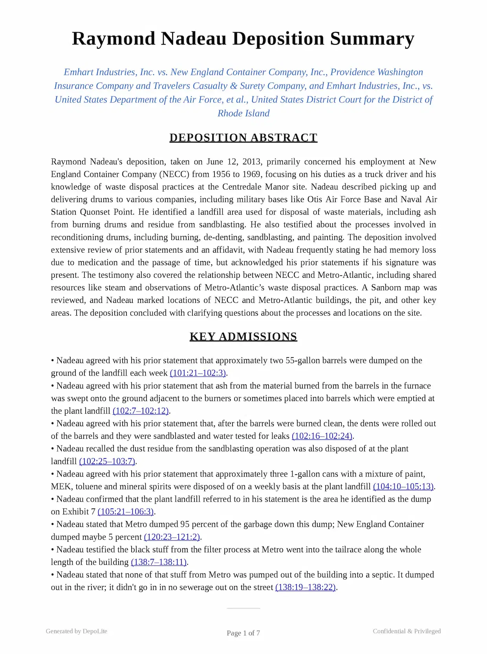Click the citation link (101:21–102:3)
[198, 373]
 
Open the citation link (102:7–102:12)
[141, 411]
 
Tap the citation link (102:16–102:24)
[322, 436]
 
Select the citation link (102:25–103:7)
[107, 461]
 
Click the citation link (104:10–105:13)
[403, 486]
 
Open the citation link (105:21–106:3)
[126, 511]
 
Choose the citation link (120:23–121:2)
[172, 537]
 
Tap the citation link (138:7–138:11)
[159, 562]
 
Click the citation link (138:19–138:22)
[306, 587]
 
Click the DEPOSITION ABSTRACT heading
[243, 138]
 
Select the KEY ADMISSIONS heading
[243, 337]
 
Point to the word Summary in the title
[372, 38]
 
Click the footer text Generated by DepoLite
[76, 631]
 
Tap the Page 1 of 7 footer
[243, 633]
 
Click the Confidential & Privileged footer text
[406, 631]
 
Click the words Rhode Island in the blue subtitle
[243, 114]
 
